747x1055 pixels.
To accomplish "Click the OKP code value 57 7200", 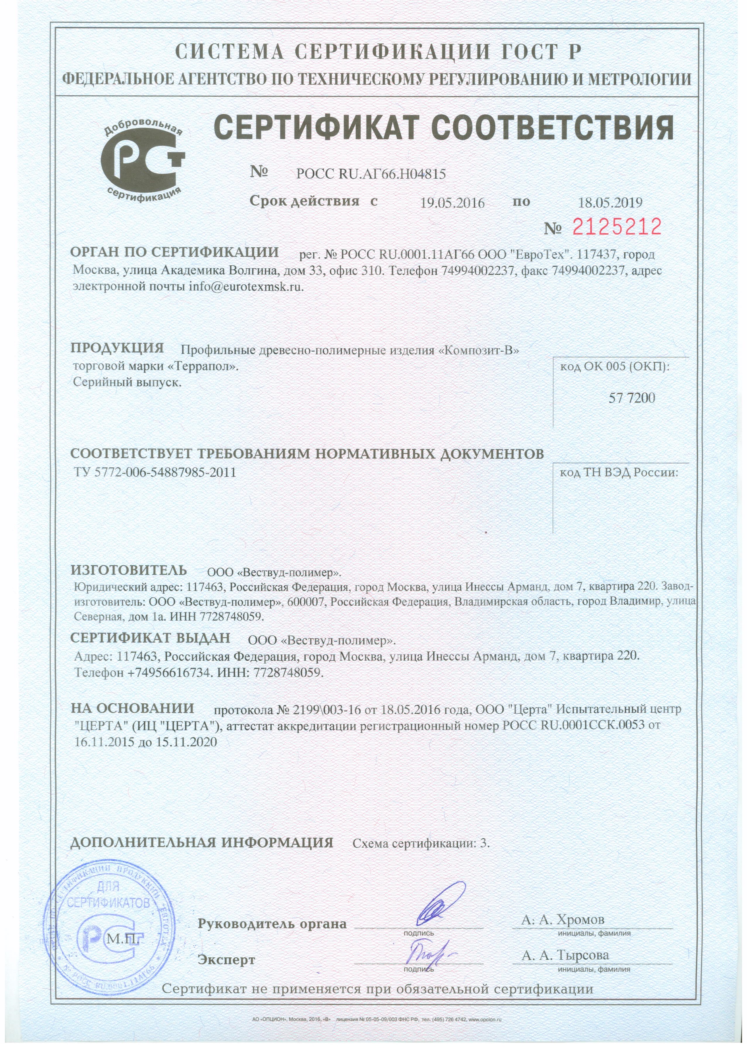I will click(x=632, y=398).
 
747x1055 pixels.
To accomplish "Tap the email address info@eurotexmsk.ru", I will click(x=246, y=286).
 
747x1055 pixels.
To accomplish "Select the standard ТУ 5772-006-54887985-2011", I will click(x=155, y=472).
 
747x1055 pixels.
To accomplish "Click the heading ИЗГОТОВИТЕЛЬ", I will click(x=129, y=571).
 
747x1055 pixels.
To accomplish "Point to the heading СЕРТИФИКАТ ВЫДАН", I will click(x=150, y=638).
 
